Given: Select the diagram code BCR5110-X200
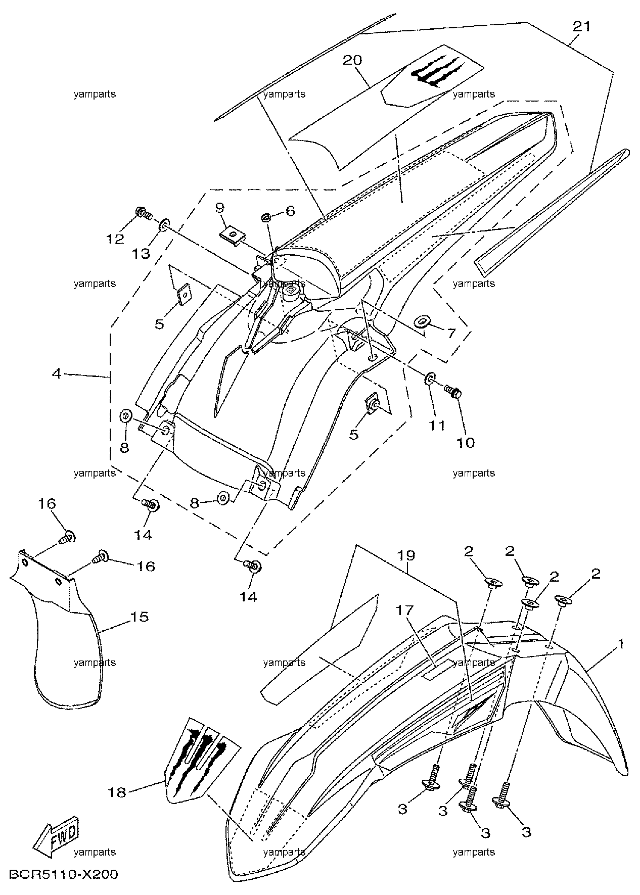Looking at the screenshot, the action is point(63,874).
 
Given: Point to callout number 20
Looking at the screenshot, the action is point(352,60).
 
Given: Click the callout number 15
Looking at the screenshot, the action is point(140,617).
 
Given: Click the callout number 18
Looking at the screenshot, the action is point(117,792).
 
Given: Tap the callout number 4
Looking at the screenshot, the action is point(56,374).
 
